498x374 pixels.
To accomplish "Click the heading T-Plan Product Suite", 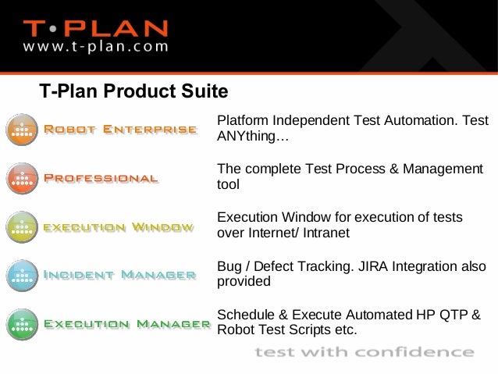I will coord(133,92).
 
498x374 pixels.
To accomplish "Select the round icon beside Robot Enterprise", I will coord(22,130).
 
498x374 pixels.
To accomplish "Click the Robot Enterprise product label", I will coord(120,130).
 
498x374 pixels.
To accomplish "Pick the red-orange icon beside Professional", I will coord(22,179).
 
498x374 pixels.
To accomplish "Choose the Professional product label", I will coord(101,178).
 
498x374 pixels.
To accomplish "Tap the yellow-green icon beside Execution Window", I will coord(22,227).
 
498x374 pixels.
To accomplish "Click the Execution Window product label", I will coord(119,227).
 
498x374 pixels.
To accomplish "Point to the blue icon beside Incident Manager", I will coord(22,275).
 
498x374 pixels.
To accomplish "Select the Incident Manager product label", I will coord(119,275).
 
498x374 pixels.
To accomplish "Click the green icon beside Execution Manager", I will coord(22,322).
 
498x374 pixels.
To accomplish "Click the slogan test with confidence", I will coord(364,352).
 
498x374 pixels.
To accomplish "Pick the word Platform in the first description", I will coord(240,123).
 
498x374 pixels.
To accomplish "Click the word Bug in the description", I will coord(228,266).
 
